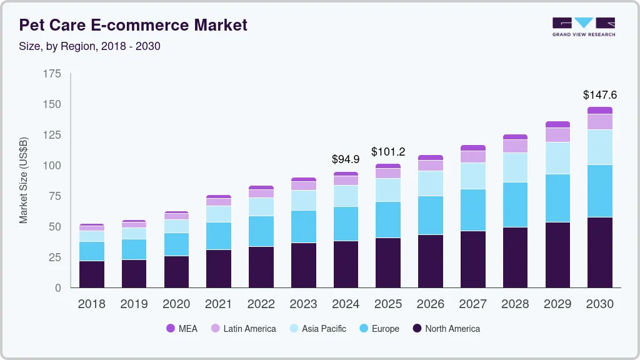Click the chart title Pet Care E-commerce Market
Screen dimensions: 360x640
(133, 25)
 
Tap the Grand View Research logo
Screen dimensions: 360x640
(583, 26)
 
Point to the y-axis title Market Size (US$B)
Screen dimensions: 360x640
(24, 180)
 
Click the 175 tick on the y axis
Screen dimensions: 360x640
(52, 74)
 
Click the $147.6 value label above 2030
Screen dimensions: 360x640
(599, 95)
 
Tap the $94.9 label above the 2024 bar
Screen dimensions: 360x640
(346, 159)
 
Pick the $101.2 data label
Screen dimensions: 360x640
(387, 152)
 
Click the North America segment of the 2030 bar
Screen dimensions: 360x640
(599, 252)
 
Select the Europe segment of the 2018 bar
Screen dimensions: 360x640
(92, 251)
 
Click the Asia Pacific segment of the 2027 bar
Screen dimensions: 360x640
(472, 176)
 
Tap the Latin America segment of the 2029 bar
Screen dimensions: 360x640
(557, 135)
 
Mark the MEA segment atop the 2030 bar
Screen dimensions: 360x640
(599, 110)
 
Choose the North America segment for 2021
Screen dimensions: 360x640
(219, 269)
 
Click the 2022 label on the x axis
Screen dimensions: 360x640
(261, 304)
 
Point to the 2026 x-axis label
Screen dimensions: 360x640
(430, 304)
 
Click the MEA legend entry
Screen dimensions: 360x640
(182, 329)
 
